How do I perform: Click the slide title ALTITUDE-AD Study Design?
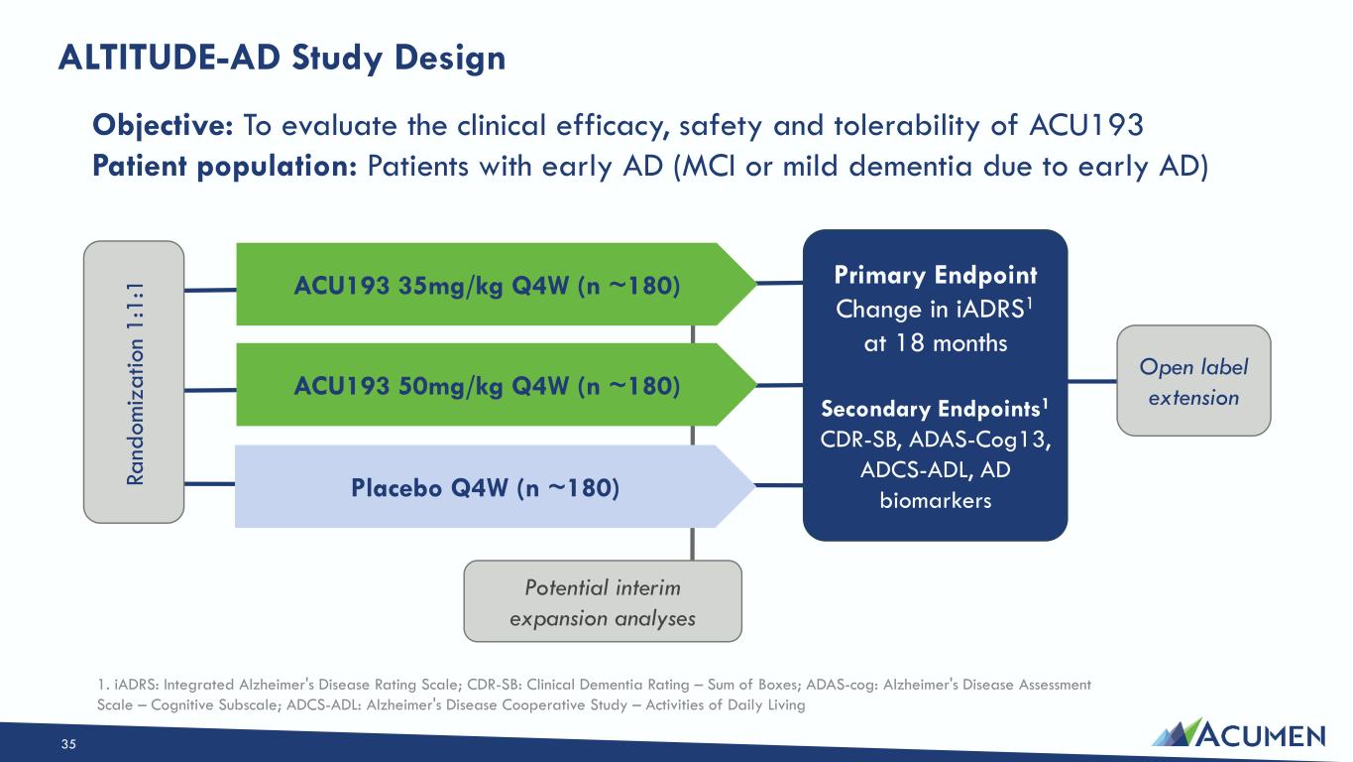point(282,59)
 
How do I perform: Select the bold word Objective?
point(163,126)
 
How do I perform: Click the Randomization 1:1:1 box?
point(134,382)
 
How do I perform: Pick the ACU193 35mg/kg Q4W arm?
point(496,284)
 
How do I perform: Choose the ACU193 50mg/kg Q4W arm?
point(496,385)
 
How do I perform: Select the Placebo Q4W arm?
point(494,487)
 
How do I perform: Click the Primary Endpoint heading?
point(936,275)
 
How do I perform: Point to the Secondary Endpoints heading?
point(935,409)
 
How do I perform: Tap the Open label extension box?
point(1193,380)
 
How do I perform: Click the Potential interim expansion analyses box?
point(603,601)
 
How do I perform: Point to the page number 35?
point(68,744)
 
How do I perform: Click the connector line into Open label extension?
point(1092,381)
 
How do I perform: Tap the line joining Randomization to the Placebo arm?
point(209,484)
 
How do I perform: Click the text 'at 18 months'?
point(936,343)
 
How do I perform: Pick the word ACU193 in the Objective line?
point(1086,125)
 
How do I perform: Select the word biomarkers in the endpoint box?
point(936,500)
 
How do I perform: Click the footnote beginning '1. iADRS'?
point(595,695)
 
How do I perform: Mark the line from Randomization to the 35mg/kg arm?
point(210,291)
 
